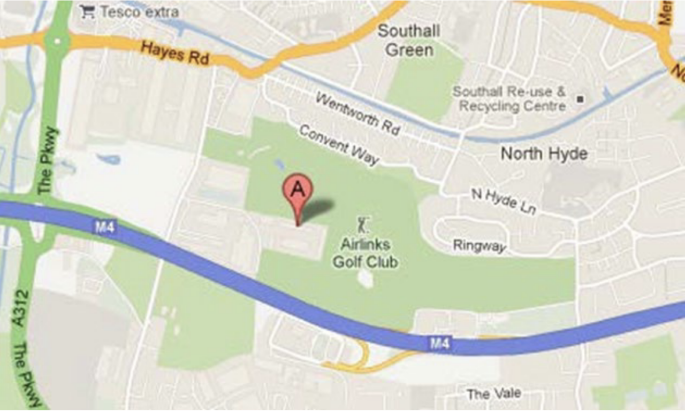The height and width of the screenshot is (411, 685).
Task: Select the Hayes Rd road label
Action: coord(174,53)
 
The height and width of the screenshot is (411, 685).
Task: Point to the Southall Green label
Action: coord(409,41)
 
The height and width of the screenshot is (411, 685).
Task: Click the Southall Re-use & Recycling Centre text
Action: coord(509,98)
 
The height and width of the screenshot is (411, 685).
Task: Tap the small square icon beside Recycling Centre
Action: coord(580,99)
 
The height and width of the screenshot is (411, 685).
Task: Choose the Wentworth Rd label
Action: coord(357,113)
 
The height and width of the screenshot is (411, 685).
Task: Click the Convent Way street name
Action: coord(339,145)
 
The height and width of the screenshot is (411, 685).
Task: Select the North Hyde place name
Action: coord(544,154)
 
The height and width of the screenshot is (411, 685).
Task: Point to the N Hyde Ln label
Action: coord(504,200)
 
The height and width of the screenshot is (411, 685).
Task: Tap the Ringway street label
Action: coord(479,246)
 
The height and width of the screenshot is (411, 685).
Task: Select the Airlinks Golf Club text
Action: coord(366,253)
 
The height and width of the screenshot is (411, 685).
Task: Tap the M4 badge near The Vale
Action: coord(440,344)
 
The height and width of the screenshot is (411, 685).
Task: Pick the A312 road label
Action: coord(20,308)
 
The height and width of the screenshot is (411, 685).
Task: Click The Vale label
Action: coord(493,394)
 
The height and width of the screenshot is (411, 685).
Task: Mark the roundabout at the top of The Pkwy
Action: coord(57,40)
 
